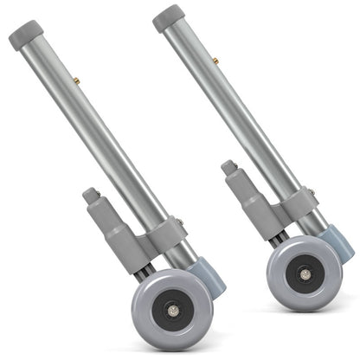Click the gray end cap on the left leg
click(26, 35)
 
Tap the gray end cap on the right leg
click(169, 18)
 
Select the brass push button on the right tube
click(215, 61)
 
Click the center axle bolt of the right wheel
click(305, 273)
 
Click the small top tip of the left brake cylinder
click(92, 196)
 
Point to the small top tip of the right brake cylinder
click(229, 167)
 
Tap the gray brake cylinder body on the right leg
click(246, 204)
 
